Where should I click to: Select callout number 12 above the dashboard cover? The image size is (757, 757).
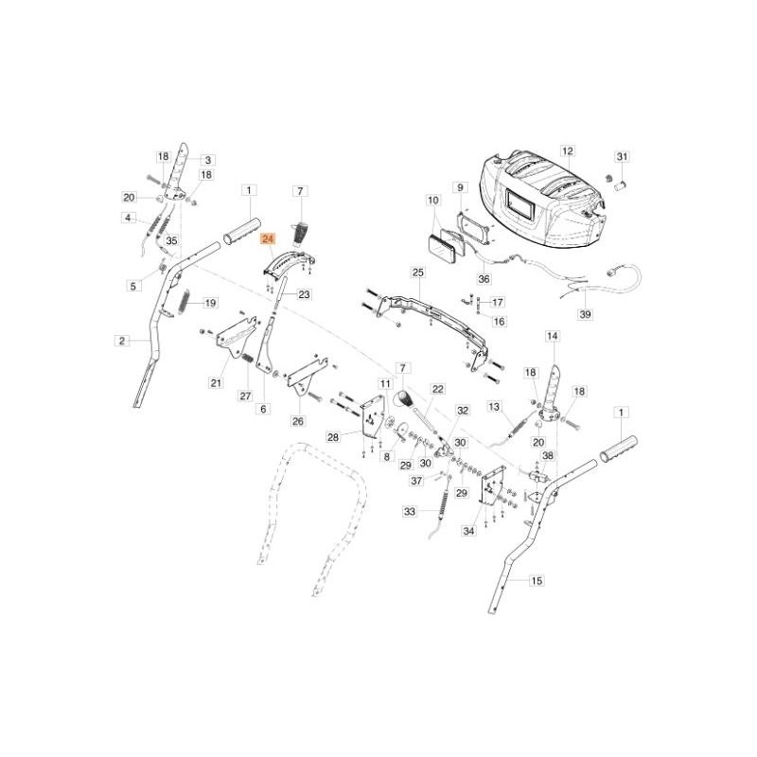click(568, 150)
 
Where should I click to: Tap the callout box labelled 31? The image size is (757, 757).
click(622, 156)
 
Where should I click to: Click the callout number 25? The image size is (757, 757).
click(417, 273)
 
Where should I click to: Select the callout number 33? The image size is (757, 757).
click(410, 511)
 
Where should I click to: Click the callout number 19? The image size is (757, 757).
click(210, 303)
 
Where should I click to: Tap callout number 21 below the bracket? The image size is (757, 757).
click(216, 382)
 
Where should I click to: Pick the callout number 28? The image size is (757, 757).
click(332, 436)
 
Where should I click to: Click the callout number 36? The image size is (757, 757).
click(484, 279)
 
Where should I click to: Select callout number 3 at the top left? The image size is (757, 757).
click(208, 160)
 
